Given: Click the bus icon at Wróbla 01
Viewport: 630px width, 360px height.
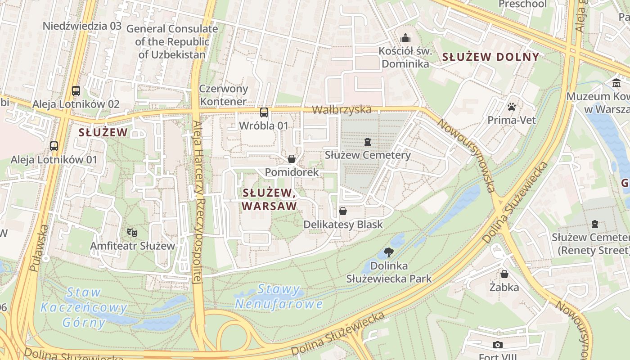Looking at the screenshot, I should click(264, 112).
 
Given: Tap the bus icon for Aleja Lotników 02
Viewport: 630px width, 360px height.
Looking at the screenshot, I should click(76, 91).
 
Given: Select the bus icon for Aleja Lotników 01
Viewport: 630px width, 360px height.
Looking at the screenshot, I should click(54, 146).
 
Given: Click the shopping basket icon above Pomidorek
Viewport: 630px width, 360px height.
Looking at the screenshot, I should click(292, 159).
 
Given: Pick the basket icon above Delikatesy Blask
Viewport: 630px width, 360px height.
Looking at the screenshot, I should click(343, 211).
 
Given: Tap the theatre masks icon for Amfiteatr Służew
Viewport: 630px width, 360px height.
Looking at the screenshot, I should click(132, 232).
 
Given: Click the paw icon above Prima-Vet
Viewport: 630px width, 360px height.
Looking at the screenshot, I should click(511, 107).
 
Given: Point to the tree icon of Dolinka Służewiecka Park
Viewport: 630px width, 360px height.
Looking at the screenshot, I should click(388, 252).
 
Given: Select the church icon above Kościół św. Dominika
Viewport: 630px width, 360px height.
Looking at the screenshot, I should click(405, 37).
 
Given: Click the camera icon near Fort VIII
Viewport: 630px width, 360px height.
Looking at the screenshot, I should click(497, 345).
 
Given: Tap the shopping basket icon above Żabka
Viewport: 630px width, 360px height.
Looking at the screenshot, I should click(504, 274).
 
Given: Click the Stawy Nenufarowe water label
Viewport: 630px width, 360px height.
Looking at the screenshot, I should click(279, 297).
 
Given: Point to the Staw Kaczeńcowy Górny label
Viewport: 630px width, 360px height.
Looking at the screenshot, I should click(84, 307).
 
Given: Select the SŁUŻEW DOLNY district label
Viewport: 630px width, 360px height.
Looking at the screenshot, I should click(490, 57).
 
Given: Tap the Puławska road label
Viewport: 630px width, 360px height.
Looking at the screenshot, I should click(38, 248).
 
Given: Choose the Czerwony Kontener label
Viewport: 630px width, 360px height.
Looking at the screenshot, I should click(224, 95).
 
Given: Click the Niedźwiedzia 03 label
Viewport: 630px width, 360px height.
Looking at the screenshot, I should click(82, 26).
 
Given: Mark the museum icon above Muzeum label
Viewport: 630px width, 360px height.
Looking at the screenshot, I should click(616, 83).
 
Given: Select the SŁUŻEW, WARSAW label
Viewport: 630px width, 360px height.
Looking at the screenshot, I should click(270, 199).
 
